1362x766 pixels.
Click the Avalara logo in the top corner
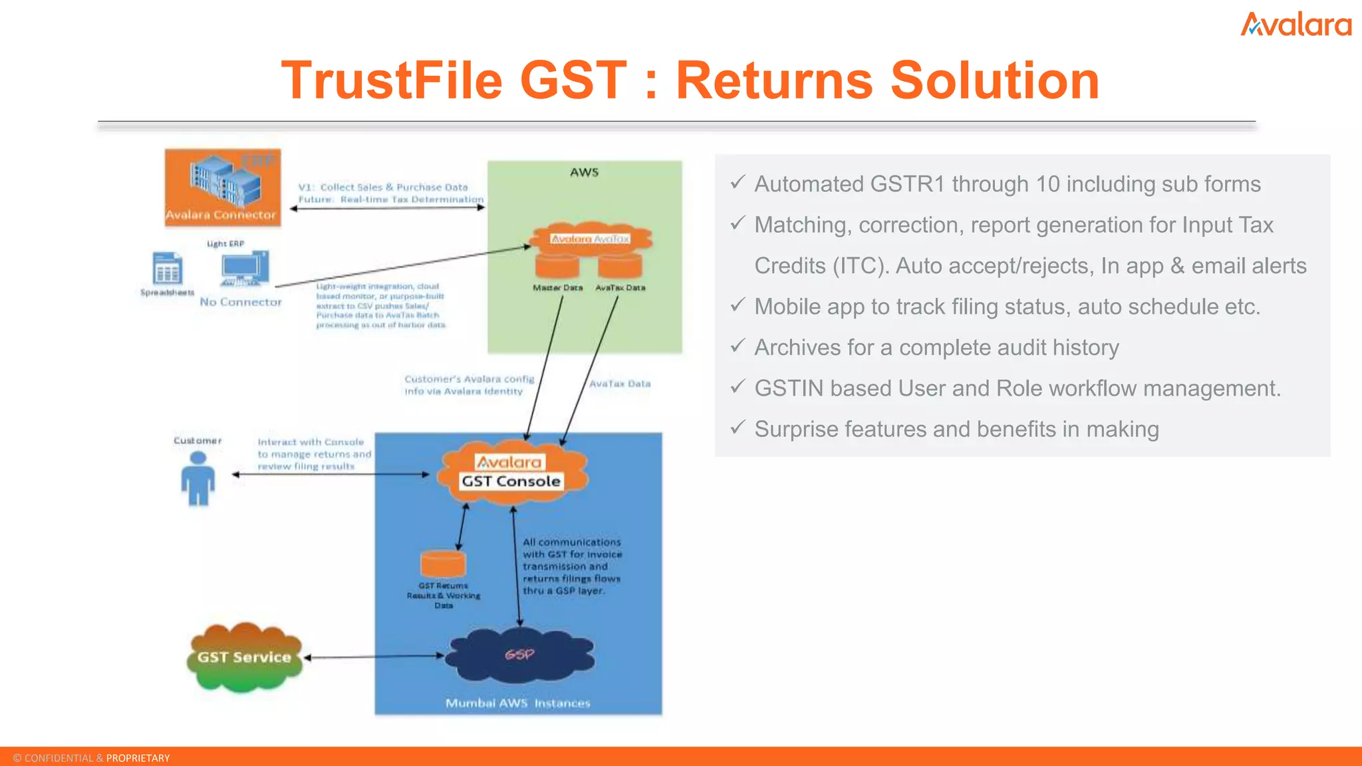coord(1295,25)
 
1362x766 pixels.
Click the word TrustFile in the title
coord(392,80)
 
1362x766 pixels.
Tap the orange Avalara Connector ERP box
coord(222,188)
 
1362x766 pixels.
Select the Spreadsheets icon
coord(167,269)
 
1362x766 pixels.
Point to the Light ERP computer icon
coord(244,268)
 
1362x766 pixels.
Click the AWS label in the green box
coord(584,172)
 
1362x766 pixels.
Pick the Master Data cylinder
coord(557,266)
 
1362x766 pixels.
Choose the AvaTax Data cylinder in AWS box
coord(620,266)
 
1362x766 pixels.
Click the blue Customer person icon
coord(198,478)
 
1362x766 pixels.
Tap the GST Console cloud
coord(511,472)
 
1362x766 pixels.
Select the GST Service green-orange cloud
coord(245,657)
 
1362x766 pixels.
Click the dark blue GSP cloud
coord(519,655)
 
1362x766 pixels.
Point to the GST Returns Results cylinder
coord(443,564)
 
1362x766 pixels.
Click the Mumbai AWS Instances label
coord(517,703)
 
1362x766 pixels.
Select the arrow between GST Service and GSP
coord(374,656)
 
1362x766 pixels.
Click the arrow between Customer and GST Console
coord(331,474)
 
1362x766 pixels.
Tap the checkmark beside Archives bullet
coord(738,346)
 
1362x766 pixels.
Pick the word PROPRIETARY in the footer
coord(138,758)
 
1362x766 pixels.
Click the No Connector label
coord(241,302)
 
